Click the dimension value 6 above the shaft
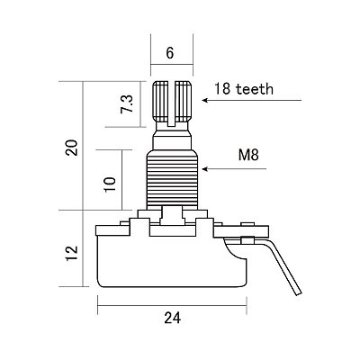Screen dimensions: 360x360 pos(170,53)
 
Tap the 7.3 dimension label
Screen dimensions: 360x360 pos(127,104)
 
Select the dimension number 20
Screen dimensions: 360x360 pos(72,147)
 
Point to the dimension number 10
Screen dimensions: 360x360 pos(110,184)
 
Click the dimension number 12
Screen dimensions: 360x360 pos(72,254)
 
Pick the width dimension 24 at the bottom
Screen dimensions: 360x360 pos(173,318)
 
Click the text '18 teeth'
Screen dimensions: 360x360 pos(244,89)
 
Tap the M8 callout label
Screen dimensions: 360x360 pos(248,155)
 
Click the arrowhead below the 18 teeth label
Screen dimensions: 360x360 pos(205,100)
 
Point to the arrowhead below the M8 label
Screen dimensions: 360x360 pos(205,169)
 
